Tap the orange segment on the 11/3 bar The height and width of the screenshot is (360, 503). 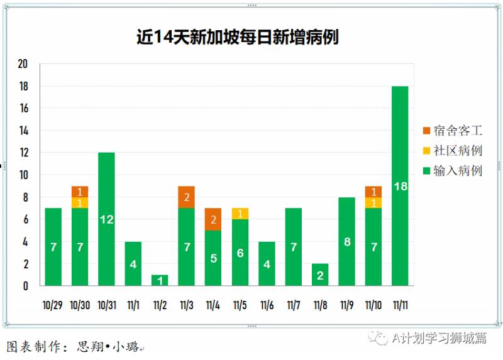186,197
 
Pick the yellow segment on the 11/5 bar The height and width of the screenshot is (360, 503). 240,214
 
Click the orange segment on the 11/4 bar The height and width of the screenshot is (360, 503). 213,219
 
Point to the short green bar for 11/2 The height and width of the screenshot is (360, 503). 160,280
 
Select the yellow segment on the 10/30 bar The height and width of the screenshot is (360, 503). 79,203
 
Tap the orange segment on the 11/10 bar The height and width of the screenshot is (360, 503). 373,192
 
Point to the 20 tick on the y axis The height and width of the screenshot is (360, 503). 23,64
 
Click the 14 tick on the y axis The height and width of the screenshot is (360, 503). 23,131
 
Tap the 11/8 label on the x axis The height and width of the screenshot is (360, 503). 320,305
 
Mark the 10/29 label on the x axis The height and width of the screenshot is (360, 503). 53,305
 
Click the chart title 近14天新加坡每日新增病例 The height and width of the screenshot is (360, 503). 238,37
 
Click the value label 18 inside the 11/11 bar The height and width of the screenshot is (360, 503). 400,186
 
